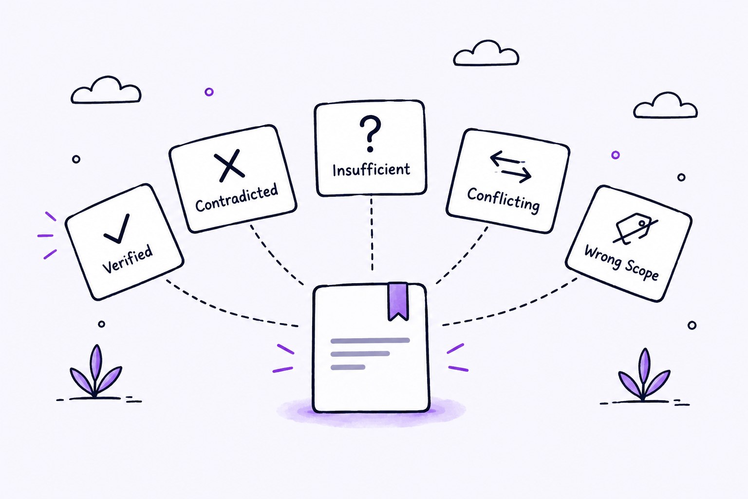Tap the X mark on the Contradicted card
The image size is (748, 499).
(x=229, y=166)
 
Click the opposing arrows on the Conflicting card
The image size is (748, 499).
(x=510, y=167)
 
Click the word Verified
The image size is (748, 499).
(x=128, y=259)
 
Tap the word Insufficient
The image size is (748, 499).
(x=372, y=170)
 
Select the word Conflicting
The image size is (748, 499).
(x=503, y=200)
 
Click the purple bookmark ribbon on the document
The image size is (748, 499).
(x=398, y=301)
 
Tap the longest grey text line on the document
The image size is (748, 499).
(x=370, y=341)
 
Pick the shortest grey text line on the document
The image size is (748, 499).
(x=348, y=367)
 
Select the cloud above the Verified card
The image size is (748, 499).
(x=106, y=90)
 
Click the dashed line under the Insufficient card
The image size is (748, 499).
(x=372, y=234)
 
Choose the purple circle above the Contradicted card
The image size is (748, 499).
(x=209, y=92)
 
